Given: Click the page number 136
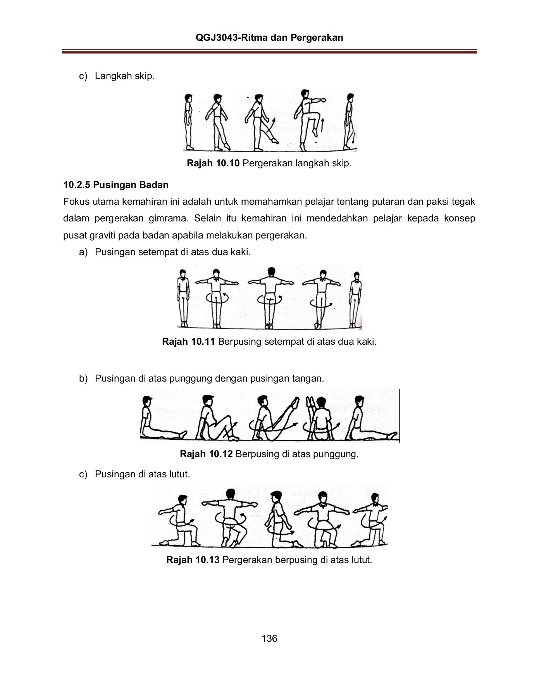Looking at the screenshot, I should (269, 639).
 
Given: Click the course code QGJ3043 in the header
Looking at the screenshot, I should (216, 38).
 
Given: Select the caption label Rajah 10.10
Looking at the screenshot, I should (214, 163).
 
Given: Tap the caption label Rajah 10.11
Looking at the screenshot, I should (188, 342).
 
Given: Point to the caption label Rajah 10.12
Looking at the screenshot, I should (206, 454).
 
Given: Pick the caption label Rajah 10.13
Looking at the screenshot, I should (193, 560).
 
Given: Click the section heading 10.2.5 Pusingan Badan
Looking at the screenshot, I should (116, 185).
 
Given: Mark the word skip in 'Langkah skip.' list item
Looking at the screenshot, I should (145, 76).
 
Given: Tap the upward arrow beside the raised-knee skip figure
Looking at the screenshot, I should (323, 125).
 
